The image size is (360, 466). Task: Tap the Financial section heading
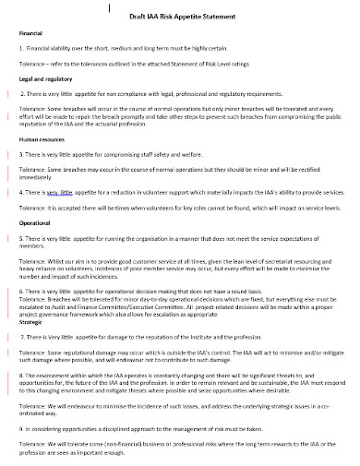click(x=33, y=33)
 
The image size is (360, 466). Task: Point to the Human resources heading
click(x=42, y=138)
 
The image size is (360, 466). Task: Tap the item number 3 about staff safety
click(x=21, y=154)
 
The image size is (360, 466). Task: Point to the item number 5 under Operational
click(x=21, y=238)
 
